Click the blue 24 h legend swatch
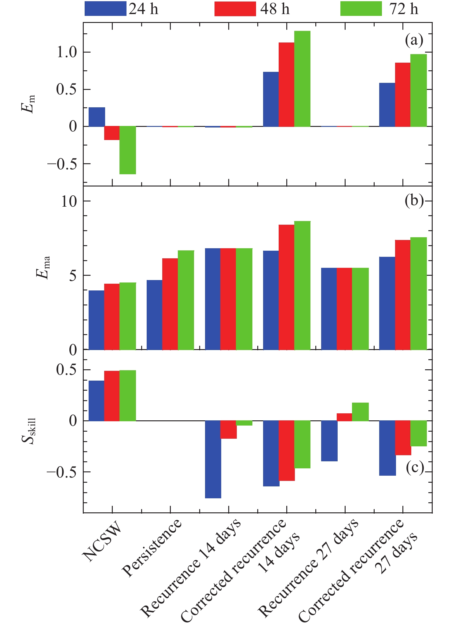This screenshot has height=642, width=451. coord(105,9)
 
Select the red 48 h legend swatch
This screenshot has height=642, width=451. coord(235,9)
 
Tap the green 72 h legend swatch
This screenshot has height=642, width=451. coord(361,9)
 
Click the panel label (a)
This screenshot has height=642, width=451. coord(414,40)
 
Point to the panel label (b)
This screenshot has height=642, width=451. coord(414,201)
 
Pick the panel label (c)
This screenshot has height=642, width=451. coord(415,467)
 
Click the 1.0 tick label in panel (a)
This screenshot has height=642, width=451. coord(67,53)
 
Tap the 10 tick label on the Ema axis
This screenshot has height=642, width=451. coord(69,201)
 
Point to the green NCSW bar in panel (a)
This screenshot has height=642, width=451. coord(128,150)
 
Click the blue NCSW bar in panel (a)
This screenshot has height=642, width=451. coord(97,117)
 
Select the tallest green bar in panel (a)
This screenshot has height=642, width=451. coord(302,79)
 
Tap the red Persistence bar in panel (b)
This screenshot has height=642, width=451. coord(170,304)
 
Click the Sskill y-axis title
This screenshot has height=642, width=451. coord(29,431)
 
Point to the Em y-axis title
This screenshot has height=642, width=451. coord(28,104)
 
